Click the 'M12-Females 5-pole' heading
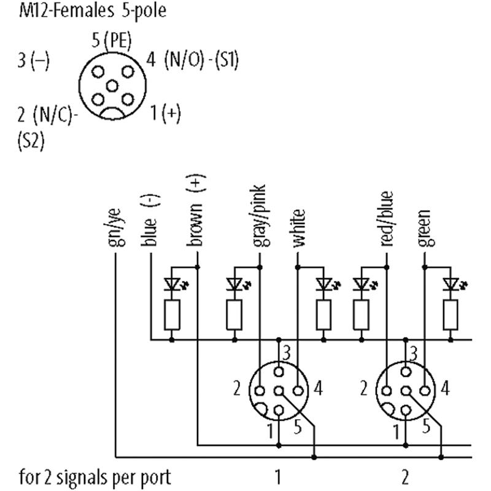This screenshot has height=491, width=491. click(93, 10)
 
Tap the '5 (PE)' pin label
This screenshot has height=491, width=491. click(112, 41)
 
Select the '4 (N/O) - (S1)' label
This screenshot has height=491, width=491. click(193, 60)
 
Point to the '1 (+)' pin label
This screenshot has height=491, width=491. click(165, 113)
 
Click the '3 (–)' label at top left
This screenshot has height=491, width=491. click(34, 60)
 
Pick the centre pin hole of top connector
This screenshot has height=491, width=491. click(112, 86)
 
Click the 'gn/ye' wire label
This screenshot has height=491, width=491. click(115, 227)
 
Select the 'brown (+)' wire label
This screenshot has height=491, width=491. click(196, 211)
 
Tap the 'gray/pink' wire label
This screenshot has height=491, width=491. click(260, 215)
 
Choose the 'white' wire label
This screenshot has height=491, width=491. click(299, 228)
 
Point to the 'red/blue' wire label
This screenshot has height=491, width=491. click(387, 218)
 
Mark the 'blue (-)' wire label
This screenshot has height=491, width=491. click(150, 220)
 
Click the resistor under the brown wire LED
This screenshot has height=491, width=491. click(172, 315)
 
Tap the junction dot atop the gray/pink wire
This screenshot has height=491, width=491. click(260, 267)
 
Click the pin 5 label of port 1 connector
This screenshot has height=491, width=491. click(298, 426)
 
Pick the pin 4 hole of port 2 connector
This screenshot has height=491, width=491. click(425, 391)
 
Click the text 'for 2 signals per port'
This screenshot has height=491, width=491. click(95, 477)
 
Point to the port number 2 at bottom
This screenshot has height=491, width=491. click(405, 477)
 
